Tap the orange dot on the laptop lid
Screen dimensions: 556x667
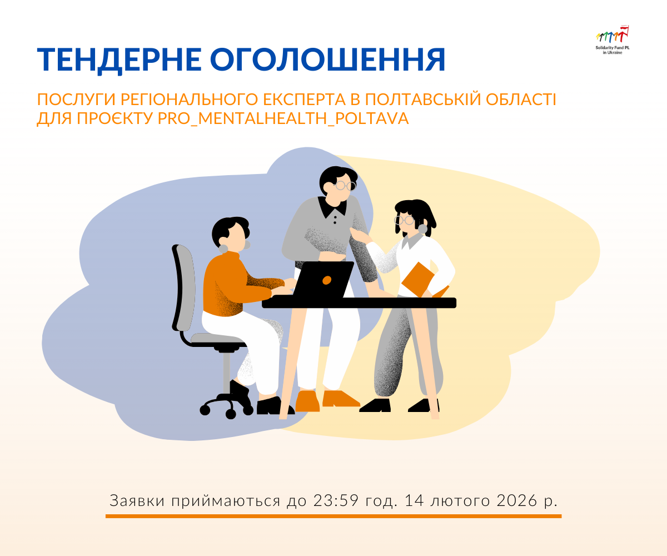(327, 280)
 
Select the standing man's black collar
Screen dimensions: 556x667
(332, 208)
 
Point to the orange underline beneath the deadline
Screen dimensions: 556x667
(333, 516)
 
